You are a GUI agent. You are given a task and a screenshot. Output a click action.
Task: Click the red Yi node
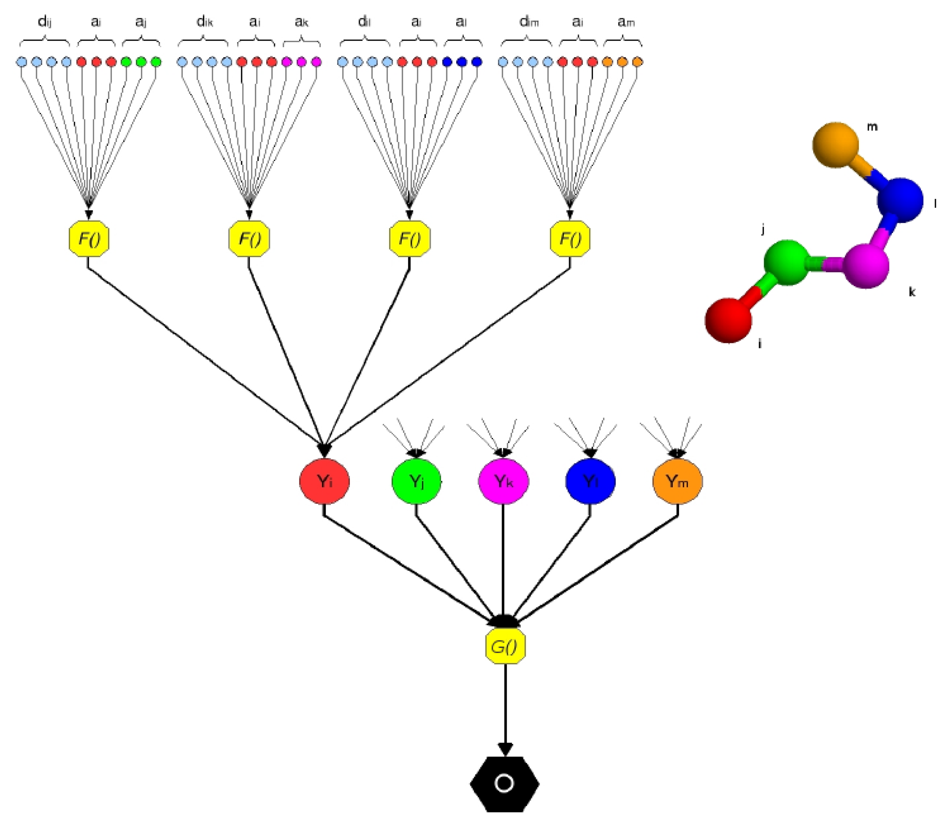[324, 481]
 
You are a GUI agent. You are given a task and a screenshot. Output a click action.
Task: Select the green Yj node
[416, 481]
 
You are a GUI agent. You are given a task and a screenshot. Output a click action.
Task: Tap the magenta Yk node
[503, 481]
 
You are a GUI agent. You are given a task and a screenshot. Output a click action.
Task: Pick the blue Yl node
[590, 481]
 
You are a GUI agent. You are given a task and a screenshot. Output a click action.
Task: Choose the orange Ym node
[677, 481]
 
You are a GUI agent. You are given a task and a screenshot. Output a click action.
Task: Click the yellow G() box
[504, 647]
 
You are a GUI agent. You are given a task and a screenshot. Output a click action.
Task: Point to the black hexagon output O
[504, 783]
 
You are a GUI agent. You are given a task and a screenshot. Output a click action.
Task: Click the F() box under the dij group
[89, 239]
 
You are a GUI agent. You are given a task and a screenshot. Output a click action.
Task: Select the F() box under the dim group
[570, 239]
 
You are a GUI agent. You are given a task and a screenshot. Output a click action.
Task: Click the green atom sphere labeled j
[786, 263]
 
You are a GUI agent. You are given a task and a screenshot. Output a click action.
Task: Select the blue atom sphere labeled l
[900, 200]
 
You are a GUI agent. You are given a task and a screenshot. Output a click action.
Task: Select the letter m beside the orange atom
[872, 127]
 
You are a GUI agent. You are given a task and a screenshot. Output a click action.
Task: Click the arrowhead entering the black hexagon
[504, 749]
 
